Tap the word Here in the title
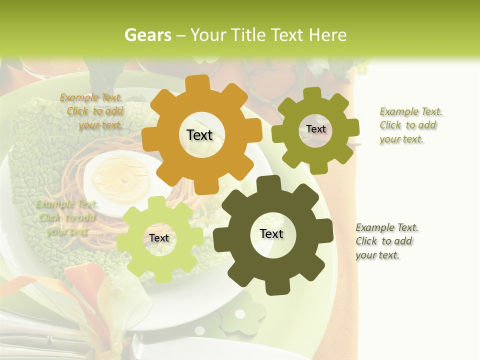pos(327,35)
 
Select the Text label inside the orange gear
pos(199,135)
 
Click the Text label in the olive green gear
pos(315,129)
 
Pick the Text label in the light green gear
pos(159,238)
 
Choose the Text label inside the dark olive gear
pos(271,233)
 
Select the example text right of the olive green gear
pos(410,125)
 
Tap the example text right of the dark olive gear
pos(386,241)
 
